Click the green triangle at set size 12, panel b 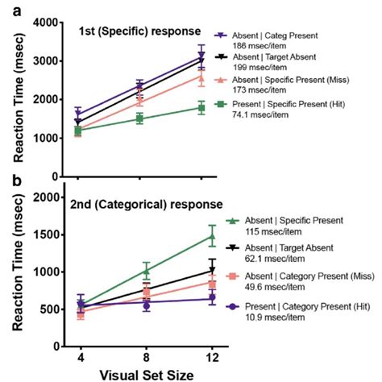212,236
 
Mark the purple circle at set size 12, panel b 212,298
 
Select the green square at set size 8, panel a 142,118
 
